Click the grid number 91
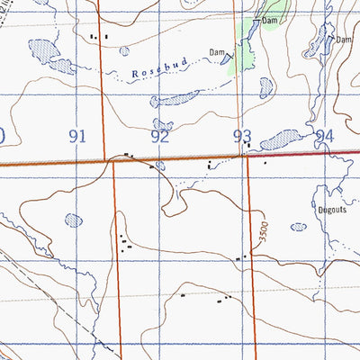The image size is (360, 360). (77, 136)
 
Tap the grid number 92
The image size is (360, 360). (160, 137)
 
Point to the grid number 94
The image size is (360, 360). (324, 137)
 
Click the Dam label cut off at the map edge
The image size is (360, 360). (344, 40)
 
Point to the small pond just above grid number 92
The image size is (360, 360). (162, 124)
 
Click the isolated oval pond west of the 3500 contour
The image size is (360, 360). (72, 218)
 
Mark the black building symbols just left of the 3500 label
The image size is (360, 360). (241, 257)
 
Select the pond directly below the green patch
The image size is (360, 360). (265, 88)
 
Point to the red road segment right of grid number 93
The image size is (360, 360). (297, 156)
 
